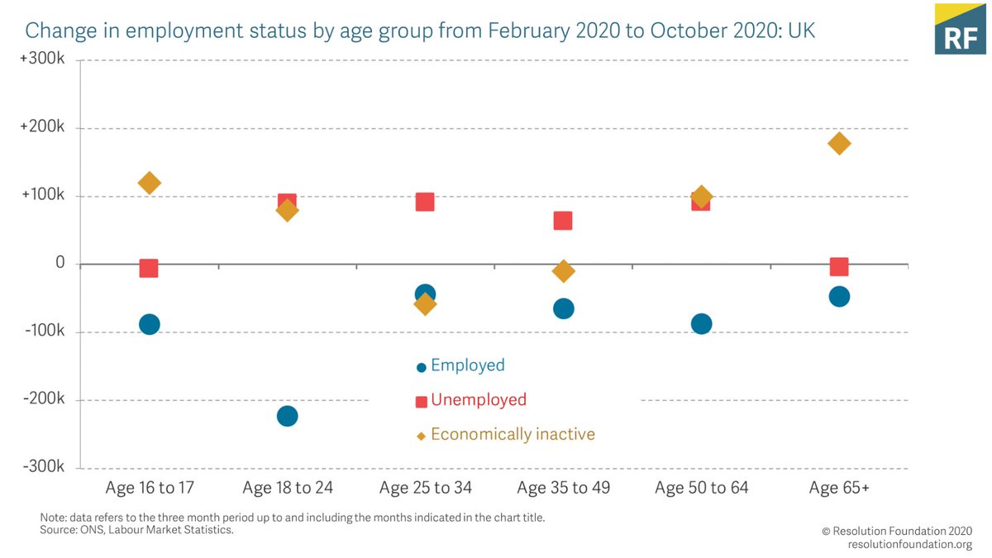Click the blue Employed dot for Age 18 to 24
click(287, 416)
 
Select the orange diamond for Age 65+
click(839, 144)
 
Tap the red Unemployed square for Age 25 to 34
click(425, 202)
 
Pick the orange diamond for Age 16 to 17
click(150, 183)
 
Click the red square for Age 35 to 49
click(563, 221)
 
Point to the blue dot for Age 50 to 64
click(701, 323)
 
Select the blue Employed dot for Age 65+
click(839, 297)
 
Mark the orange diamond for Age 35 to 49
click(564, 271)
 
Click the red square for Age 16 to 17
click(149, 268)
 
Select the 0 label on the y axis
click(60, 263)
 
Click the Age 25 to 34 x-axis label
click(425, 488)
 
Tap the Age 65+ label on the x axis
click(839, 488)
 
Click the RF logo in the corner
click(961, 29)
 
